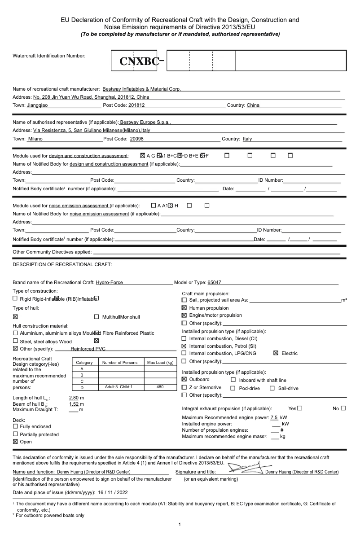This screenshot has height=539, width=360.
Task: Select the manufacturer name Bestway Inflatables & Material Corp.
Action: [x=141, y=89]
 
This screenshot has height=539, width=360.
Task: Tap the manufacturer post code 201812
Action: [x=136, y=105]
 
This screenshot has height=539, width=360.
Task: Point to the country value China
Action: [x=253, y=105]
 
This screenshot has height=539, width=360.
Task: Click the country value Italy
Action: [x=247, y=139]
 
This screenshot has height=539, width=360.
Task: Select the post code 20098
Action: [x=137, y=139]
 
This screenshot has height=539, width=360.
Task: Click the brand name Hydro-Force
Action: [x=110, y=283]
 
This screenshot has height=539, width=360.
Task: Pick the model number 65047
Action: [x=214, y=283]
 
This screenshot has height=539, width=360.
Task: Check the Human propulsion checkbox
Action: [x=184, y=308]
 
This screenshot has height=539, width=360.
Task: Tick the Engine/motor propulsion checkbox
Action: [x=184, y=316]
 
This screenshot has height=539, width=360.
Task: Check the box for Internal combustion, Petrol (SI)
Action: [x=184, y=346]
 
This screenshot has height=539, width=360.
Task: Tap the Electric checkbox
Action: [x=276, y=353]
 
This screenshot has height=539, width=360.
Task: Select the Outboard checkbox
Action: [x=184, y=380]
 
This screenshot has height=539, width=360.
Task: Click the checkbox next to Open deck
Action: [x=16, y=442]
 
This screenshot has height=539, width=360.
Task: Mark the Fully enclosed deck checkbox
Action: [x=16, y=426]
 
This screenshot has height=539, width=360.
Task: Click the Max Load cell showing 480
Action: [x=160, y=387]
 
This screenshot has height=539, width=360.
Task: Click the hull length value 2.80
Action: [x=74, y=398]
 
